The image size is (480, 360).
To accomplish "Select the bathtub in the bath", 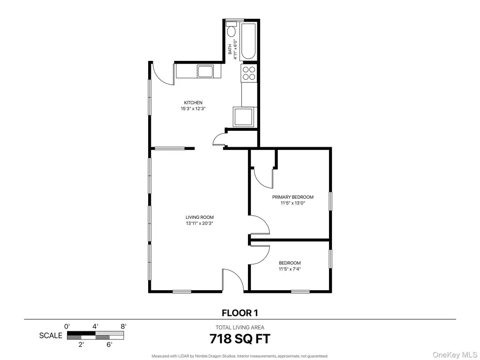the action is tap(248, 41).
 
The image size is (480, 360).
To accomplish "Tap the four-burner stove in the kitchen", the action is tap(248, 73).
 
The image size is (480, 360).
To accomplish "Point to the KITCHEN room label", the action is tap(193, 103).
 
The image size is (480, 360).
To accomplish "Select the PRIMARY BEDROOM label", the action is tap(292, 197).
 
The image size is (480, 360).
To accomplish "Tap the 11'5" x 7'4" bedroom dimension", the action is tap(290, 270).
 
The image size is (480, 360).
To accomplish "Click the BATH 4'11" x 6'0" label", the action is tap(232, 49).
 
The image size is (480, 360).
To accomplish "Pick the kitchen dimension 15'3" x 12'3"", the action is tap(193, 108).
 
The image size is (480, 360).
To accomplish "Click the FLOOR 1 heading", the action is tap(240, 313).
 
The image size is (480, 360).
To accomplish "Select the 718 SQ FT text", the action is tap(240, 339).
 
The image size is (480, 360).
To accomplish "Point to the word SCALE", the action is tap(51, 336).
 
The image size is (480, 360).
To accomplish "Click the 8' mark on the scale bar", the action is tap(123, 326).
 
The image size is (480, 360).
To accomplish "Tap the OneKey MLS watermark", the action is tap(454, 355).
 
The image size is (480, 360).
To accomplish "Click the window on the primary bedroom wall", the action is tap(330, 201).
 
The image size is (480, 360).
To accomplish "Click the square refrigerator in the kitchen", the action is tap(244, 117).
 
